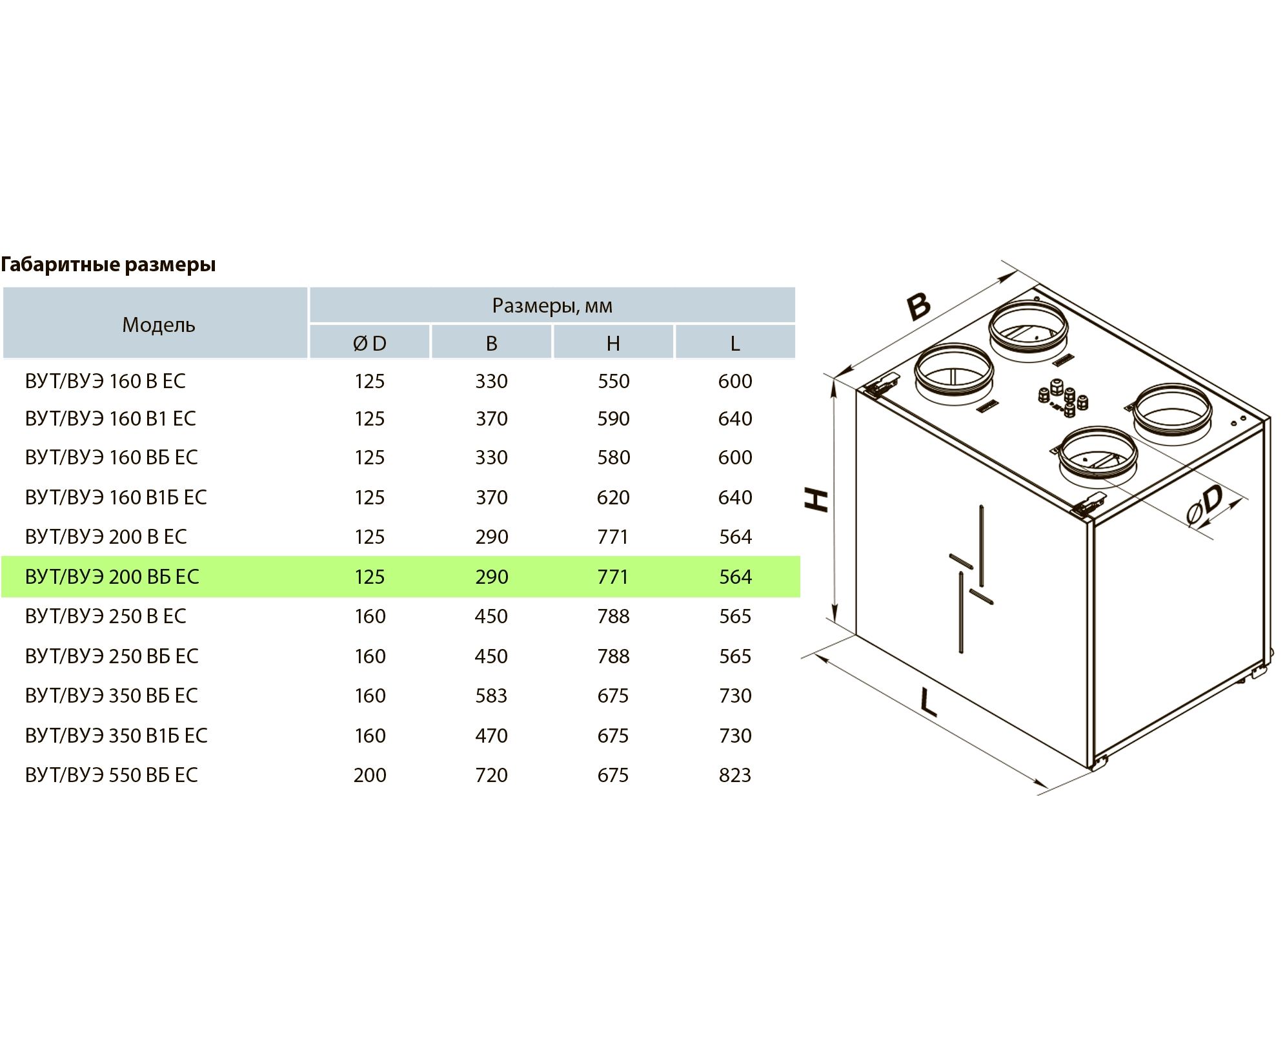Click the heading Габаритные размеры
coord(108,265)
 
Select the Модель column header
coord(159,324)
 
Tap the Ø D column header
coord(370,343)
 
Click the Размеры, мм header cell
coord(552,305)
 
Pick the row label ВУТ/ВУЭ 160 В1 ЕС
coord(110,418)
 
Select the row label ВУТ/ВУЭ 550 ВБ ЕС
coord(112,775)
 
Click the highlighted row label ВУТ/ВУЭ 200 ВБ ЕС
coord(112,576)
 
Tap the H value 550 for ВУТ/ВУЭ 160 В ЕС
coord(613,381)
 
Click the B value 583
coord(491,696)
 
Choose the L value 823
coord(735,775)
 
